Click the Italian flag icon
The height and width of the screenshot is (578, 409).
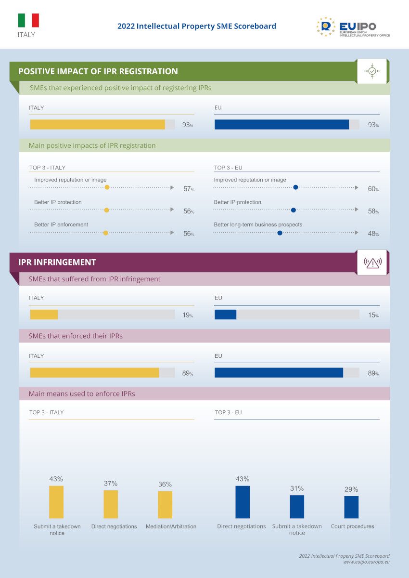pyautogui.click(x=28, y=20)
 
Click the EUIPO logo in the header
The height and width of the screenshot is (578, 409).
pyautogui.click(x=353, y=26)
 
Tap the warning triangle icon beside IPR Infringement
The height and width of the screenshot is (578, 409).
pyautogui.click(x=372, y=263)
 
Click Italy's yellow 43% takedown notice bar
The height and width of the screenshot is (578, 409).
pyautogui.click(x=56, y=502)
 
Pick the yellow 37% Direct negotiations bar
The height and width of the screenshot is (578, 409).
pyautogui.click(x=111, y=504)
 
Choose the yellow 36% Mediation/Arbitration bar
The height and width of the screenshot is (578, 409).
pyautogui.click(x=165, y=504)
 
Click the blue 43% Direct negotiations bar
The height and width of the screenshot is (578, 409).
pyautogui.click(x=243, y=502)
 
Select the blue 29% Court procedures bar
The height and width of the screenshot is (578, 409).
pyautogui.click(x=351, y=507)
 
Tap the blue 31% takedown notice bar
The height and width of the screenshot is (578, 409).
pyautogui.click(x=297, y=507)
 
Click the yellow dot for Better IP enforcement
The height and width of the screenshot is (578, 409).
pyautogui.click(x=106, y=233)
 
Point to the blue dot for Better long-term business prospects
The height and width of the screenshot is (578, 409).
pyautogui.click(x=280, y=233)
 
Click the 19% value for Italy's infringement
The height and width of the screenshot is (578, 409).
pyautogui.click(x=187, y=315)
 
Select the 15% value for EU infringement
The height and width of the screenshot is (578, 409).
pyautogui.click(x=373, y=315)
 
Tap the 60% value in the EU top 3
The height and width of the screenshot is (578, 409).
pyautogui.click(x=373, y=189)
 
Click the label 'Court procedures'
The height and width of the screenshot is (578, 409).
pyautogui.click(x=352, y=526)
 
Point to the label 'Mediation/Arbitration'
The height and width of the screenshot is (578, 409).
pyautogui.click(x=171, y=526)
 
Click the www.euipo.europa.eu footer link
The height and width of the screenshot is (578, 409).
pyautogui.click(x=366, y=562)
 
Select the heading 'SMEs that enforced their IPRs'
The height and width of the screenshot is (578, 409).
pyautogui.click(x=76, y=336)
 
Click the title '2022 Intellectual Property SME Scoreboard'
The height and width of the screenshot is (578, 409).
pyautogui.click(x=197, y=26)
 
